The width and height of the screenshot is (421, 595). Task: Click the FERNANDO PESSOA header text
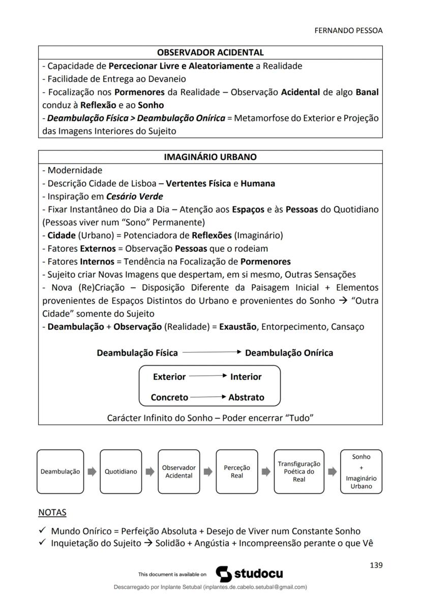(348, 30)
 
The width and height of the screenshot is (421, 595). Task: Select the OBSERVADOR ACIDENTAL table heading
(210, 52)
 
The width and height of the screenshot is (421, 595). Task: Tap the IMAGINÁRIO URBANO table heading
(210, 157)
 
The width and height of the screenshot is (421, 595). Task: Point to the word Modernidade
(75, 170)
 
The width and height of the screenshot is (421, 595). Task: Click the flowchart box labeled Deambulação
(61, 472)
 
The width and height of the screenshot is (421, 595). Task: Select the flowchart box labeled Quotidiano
(121, 472)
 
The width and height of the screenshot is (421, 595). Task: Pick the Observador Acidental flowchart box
(178, 472)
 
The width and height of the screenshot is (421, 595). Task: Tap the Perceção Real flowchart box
(237, 472)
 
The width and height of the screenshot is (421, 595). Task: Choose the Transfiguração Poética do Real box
(298, 472)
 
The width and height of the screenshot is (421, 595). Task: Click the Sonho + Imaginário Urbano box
(361, 472)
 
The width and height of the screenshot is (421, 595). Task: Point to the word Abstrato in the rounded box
(246, 398)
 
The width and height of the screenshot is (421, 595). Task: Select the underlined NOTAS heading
(52, 513)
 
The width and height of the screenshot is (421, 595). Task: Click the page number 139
(376, 565)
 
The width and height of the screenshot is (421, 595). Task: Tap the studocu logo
(249, 574)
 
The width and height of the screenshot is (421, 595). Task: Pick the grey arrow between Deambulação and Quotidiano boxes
(92, 472)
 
